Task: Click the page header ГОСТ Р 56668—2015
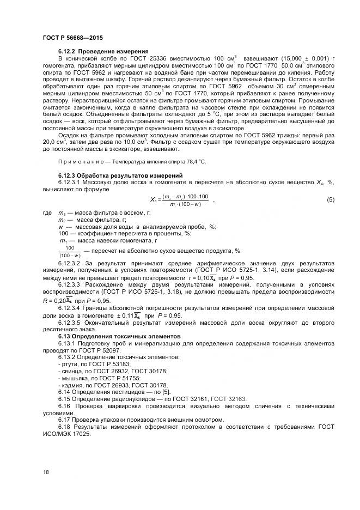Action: [x=72, y=38]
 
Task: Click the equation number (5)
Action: [x=330, y=200]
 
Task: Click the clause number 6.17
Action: [x=65, y=420]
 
